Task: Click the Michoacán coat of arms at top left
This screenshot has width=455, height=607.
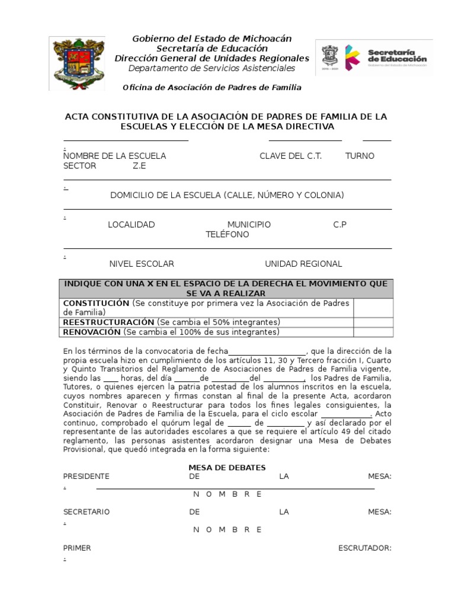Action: [x=77, y=62]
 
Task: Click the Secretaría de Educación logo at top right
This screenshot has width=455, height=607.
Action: [x=373, y=57]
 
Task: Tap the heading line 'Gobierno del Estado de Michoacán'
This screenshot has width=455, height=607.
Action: [x=212, y=39]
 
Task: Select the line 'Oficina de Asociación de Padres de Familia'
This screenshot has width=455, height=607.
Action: [x=212, y=87]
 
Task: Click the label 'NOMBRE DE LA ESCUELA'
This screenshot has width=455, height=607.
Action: [x=115, y=156]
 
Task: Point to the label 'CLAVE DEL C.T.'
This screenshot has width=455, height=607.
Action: [x=291, y=156]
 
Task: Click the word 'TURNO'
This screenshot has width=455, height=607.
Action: [x=360, y=156]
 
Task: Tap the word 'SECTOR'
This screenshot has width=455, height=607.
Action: [x=79, y=166]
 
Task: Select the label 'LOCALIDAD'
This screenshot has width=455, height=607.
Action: [x=131, y=225]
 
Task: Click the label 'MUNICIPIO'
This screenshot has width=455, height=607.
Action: [x=249, y=225]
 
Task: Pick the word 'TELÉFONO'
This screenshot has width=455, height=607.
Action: [x=227, y=235]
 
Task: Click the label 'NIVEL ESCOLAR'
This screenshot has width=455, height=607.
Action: [x=142, y=264]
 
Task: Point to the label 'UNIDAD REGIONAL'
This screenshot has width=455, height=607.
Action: [x=303, y=264]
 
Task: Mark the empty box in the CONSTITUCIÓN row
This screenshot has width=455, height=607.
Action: [x=373, y=308]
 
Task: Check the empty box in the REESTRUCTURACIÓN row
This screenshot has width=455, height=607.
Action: [x=373, y=322]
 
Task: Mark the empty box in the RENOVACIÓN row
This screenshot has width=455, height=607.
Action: [x=373, y=331]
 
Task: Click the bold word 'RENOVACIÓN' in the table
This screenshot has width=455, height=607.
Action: [x=92, y=331]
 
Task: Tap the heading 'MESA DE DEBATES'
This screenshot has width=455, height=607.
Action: [x=227, y=468]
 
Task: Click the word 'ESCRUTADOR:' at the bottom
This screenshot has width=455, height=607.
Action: [x=365, y=548]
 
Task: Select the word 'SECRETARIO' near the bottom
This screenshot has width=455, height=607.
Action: [x=86, y=512]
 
